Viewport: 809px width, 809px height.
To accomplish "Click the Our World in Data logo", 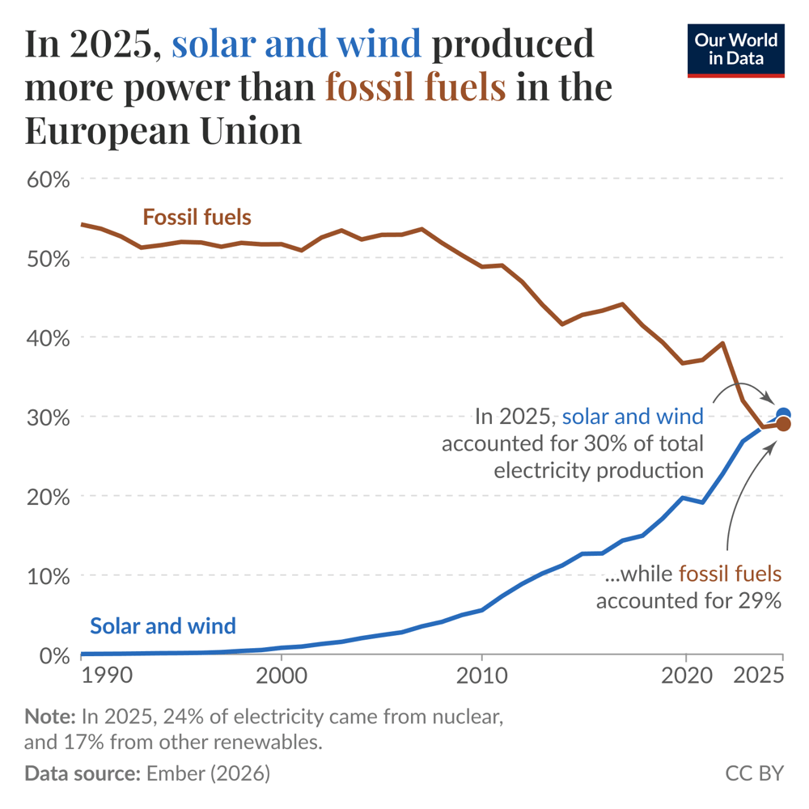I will (x=735, y=50).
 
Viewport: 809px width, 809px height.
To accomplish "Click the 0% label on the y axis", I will (x=54, y=655).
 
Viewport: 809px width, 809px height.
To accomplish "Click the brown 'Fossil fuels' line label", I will (x=197, y=218).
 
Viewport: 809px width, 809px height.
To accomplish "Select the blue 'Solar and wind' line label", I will (x=163, y=625).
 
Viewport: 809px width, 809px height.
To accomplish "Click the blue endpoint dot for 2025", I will (x=783, y=415).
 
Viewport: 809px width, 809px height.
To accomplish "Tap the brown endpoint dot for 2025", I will (x=783, y=425).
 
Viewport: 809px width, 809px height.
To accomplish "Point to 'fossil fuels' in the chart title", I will (x=416, y=87).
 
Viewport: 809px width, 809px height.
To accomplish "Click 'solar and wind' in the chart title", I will (x=297, y=44).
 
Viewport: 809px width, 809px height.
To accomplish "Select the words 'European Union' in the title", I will (x=163, y=131).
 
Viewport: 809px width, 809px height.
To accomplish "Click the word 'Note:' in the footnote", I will (x=50, y=716).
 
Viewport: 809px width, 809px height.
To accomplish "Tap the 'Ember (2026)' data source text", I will (x=208, y=773).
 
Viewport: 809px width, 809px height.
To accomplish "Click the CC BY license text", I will (x=754, y=773).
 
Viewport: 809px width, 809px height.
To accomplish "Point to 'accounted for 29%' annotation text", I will (x=688, y=600).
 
